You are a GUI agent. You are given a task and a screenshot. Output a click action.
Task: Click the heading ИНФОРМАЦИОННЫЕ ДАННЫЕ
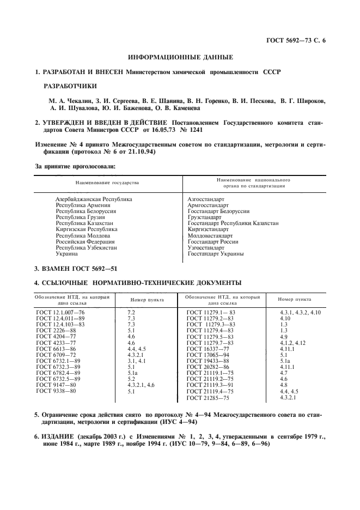180,57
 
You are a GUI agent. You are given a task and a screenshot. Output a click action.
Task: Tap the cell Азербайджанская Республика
94,199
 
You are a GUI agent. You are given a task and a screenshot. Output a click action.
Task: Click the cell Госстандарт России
213,241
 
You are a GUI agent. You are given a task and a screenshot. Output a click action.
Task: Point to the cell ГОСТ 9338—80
56,391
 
